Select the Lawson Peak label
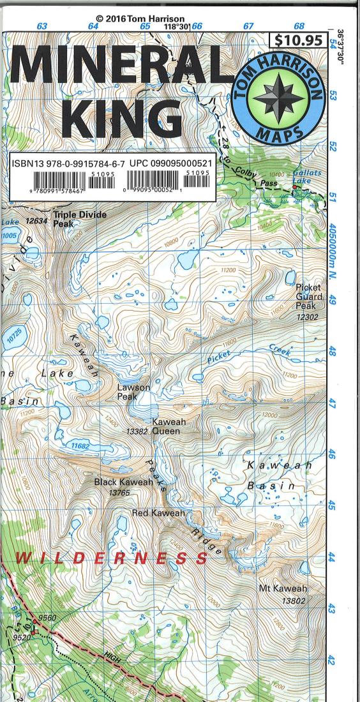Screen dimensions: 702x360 point(133,392)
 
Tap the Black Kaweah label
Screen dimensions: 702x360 point(123,482)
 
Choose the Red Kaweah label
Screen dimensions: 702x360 point(158,513)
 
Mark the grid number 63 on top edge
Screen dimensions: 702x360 point(42,26)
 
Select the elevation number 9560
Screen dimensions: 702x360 point(47,618)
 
